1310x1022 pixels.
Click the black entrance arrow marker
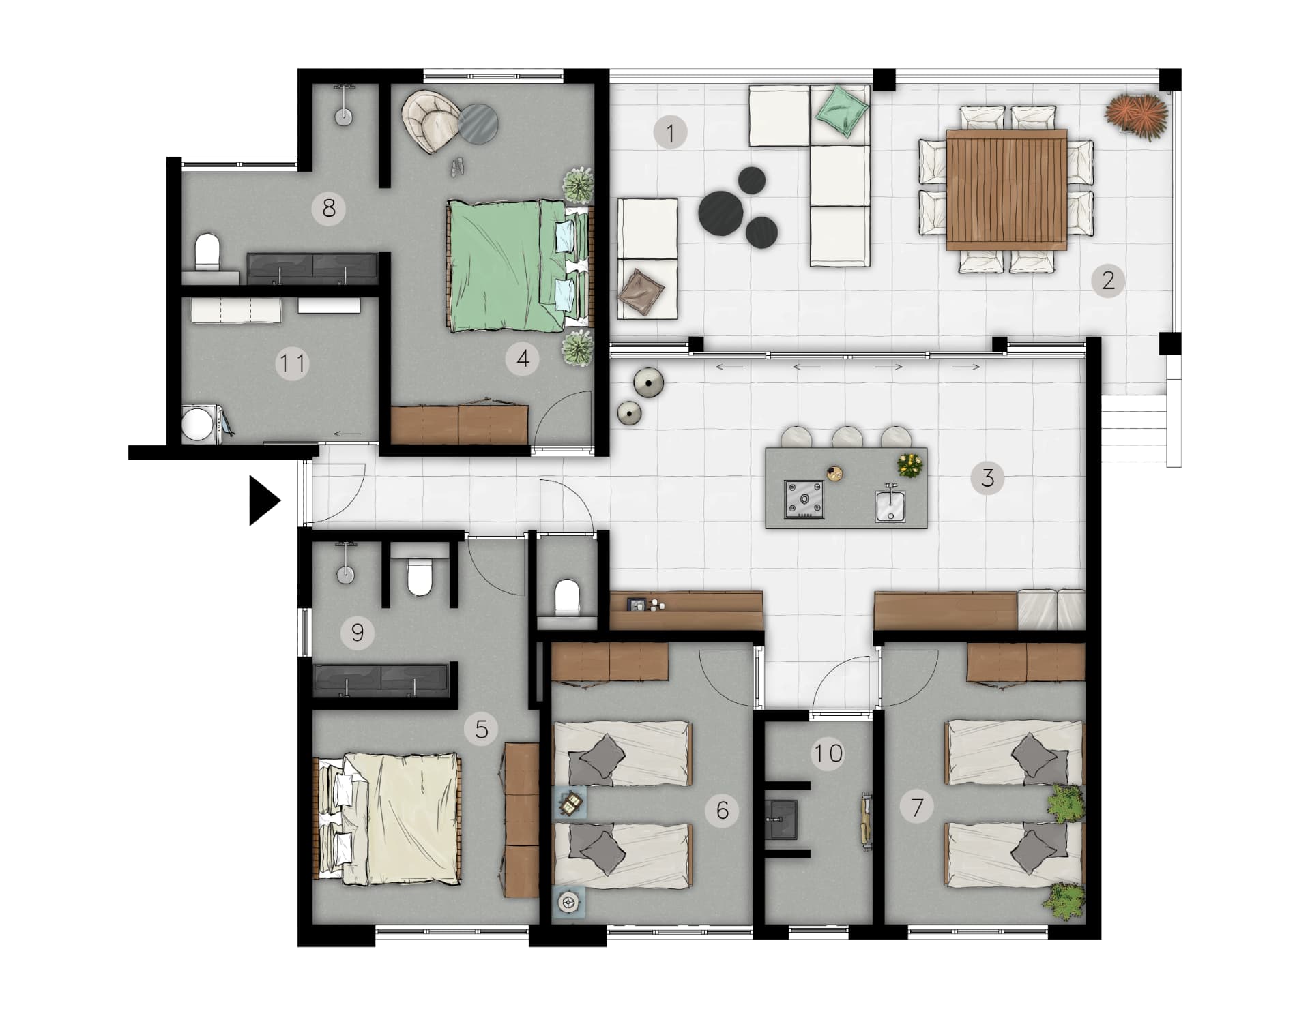[x=263, y=500]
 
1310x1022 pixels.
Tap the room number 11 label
[x=293, y=363]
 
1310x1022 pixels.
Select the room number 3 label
[x=987, y=478]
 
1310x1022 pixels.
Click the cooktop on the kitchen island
[x=804, y=499]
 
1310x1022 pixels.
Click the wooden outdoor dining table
[x=1006, y=189]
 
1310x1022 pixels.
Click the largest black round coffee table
[x=721, y=212]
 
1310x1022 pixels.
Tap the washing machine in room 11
[x=202, y=423]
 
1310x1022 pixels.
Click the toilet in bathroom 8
[x=207, y=253]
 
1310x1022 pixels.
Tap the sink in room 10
[x=781, y=819]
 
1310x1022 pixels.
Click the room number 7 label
[x=917, y=807]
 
